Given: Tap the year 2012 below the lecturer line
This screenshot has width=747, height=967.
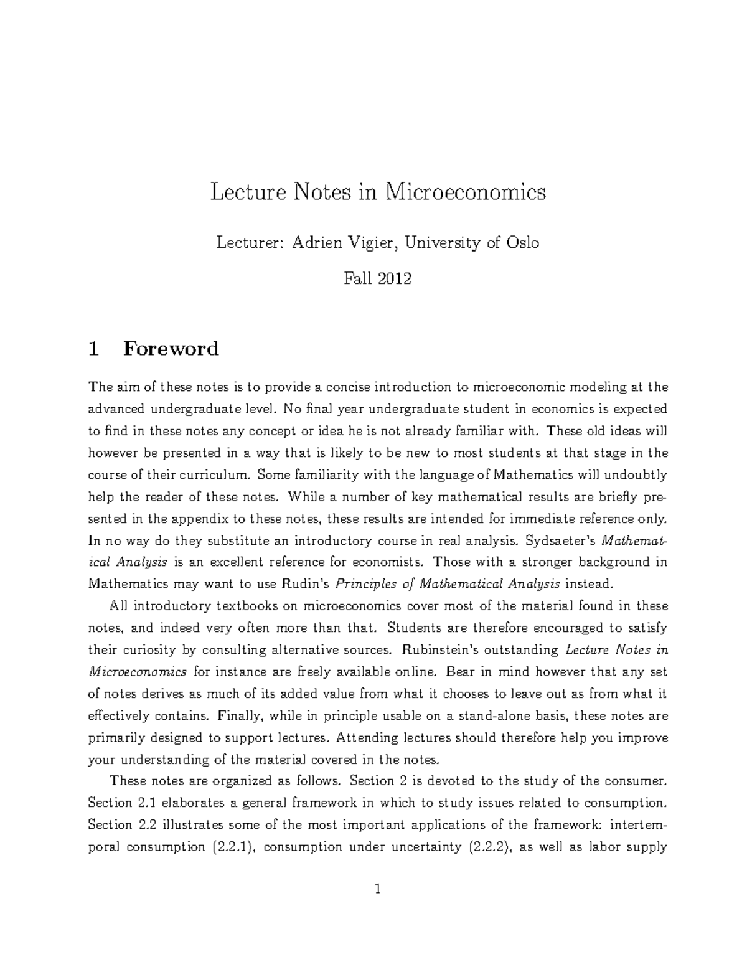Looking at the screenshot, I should [x=395, y=278].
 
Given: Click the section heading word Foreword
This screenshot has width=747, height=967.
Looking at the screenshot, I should [x=171, y=348].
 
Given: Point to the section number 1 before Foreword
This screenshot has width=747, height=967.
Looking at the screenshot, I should [x=93, y=348].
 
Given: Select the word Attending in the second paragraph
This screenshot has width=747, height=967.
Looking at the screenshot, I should [x=367, y=738].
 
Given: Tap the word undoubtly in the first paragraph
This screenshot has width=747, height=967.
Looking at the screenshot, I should [x=634, y=475].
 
